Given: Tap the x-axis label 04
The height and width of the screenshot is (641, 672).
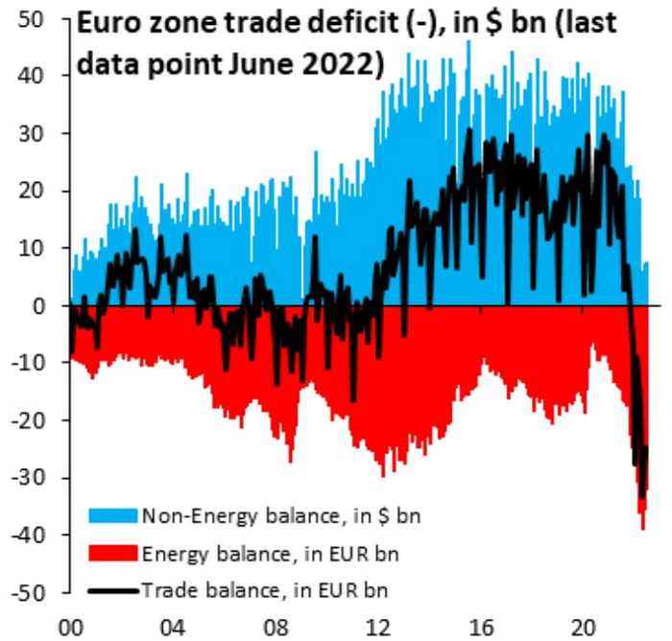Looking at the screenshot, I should click(173, 621).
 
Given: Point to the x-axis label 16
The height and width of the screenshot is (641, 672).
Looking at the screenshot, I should click(479, 621).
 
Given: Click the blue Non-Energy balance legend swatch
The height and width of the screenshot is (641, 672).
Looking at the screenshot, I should click(112, 516).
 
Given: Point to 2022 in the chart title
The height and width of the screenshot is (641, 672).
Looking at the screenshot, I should click(340, 64).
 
